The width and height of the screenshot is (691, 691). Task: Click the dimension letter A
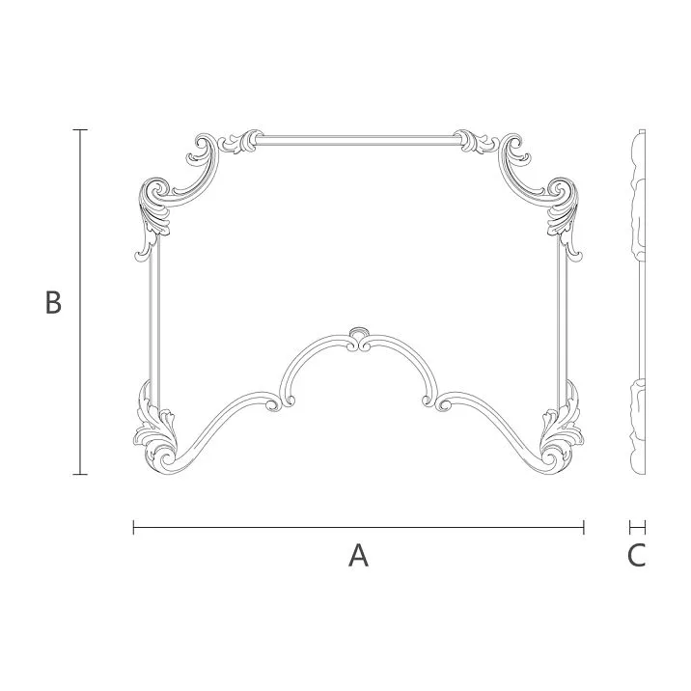click(358, 556)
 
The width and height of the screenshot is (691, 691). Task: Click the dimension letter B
click(54, 302)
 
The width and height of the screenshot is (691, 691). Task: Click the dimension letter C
click(636, 556)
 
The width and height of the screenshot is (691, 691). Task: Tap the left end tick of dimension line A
click(133, 527)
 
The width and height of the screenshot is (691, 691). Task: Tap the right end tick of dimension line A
click(584, 527)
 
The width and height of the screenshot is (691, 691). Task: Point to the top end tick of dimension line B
click(81, 129)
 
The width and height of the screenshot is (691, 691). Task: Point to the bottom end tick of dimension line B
click(81, 474)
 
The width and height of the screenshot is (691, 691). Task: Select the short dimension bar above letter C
click(637, 527)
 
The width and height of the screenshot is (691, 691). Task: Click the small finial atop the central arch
click(359, 335)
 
